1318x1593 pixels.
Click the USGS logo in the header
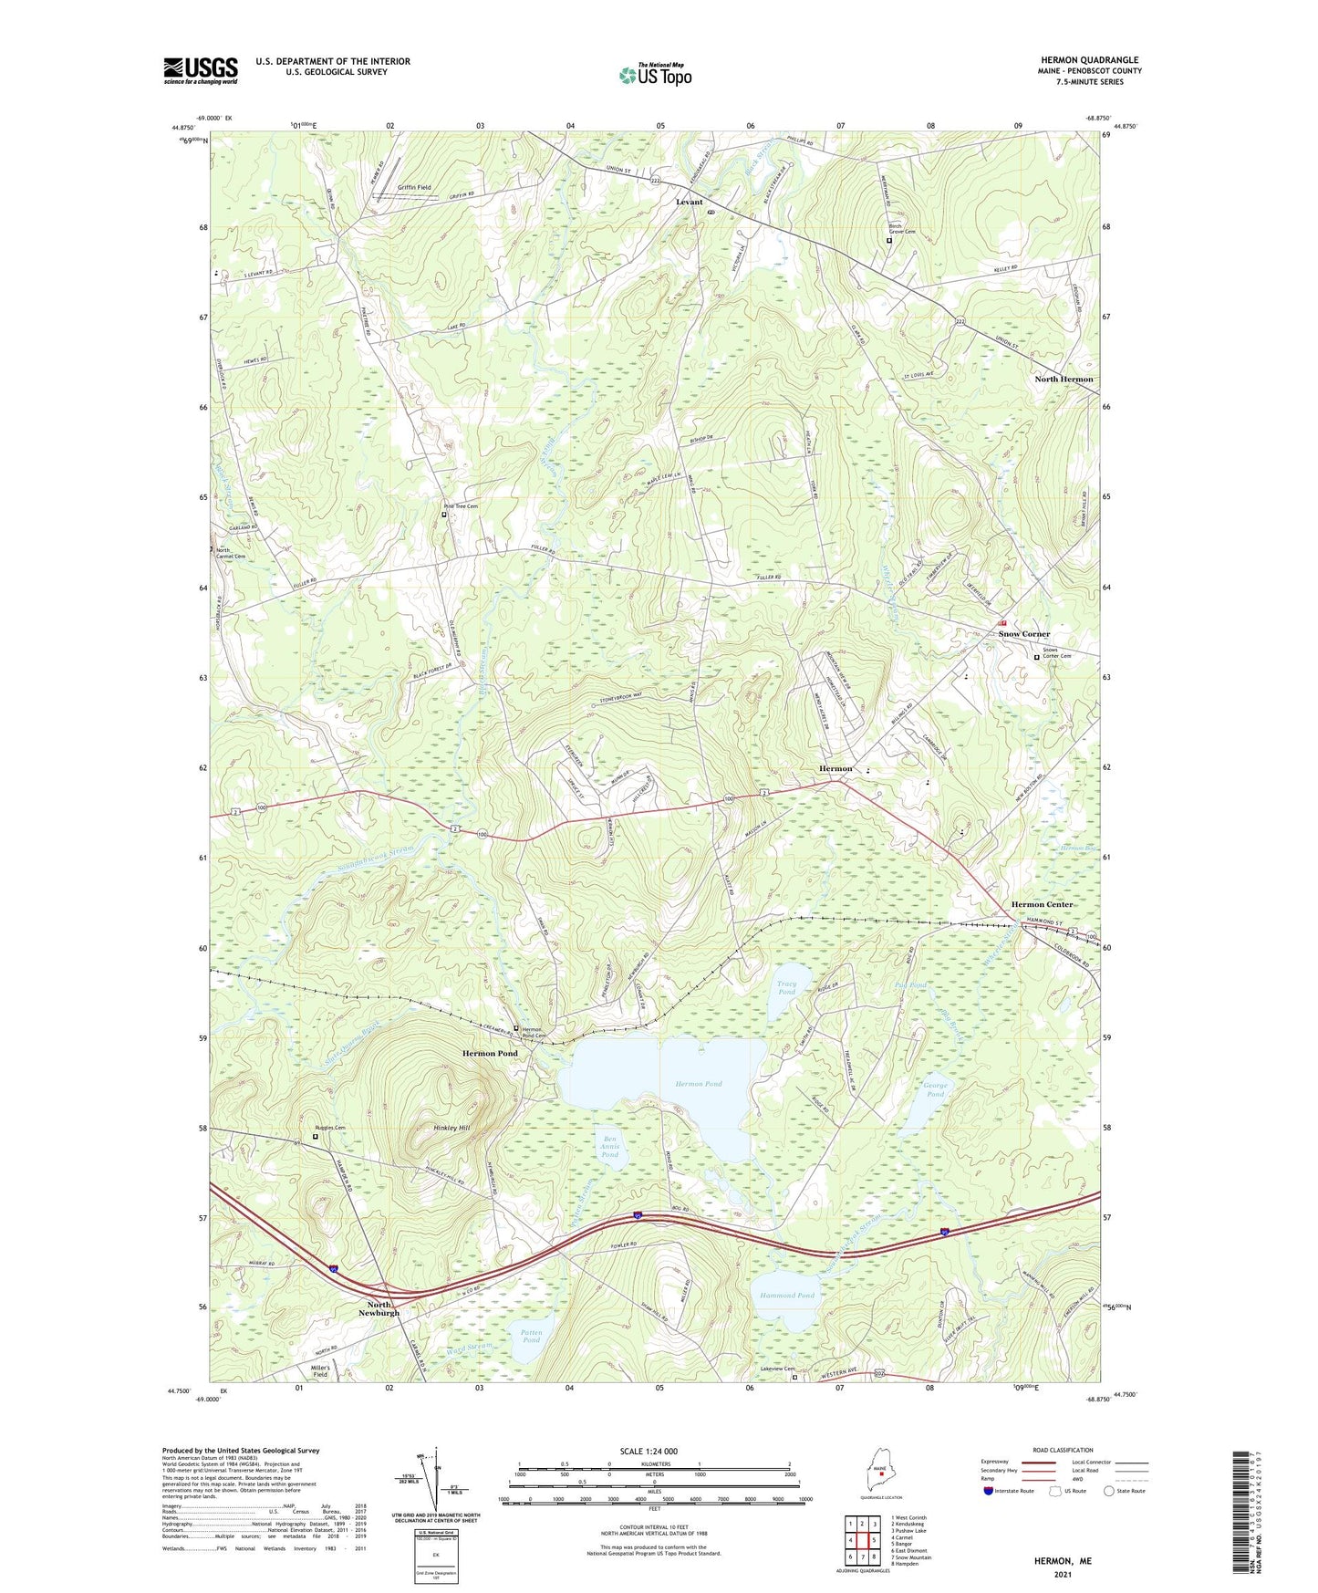coord(201,70)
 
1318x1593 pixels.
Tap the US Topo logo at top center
coord(655,75)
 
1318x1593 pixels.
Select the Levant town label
coord(689,202)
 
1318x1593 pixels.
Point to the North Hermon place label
coord(1063,380)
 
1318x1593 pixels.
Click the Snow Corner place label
coord(1023,634)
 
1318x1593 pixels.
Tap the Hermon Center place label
coord(1042,904)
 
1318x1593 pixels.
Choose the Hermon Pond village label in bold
coord(490,1054)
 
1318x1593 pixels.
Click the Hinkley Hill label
coord(451,1129)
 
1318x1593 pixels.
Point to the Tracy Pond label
coord(786,988)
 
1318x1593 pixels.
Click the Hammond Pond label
coord(786,1296)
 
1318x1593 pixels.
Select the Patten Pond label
coord(531,1336)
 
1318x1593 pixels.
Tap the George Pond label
coord(935,1090)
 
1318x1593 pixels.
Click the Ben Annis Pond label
coord(610,1146)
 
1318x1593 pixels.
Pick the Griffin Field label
coord(414,188)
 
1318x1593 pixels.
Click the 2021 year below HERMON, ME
coord(1062,1574)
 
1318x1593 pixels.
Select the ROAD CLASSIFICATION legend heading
coord(1063,1450)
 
